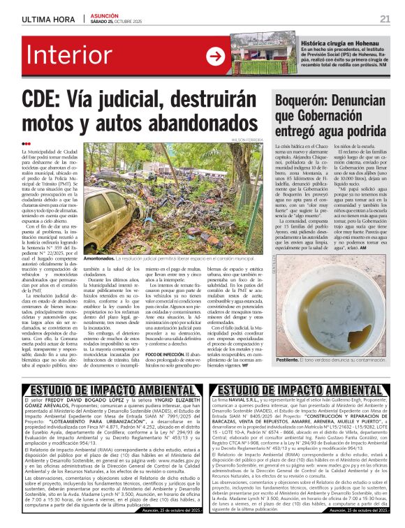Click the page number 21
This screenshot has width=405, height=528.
tap(385, 18)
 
